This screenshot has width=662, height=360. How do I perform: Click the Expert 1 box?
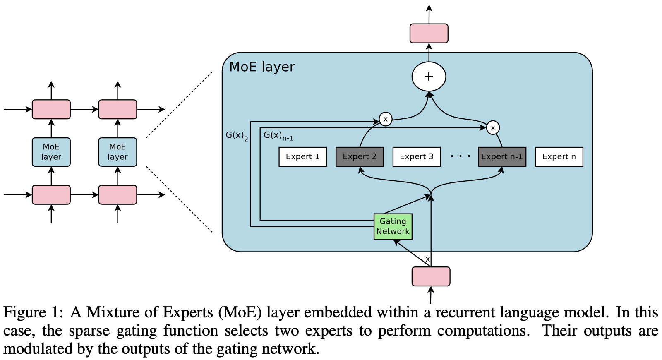coord(302,157)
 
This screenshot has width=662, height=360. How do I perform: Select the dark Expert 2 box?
coord(360,157)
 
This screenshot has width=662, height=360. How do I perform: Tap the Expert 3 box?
coord(416,157)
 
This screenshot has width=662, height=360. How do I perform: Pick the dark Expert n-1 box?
coord(502,157)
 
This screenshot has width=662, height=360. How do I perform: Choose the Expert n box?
coord(559,157)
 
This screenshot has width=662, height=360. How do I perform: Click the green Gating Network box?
coord(393,226)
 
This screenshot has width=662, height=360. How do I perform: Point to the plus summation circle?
coord(429,77)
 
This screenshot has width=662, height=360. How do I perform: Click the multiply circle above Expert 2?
coord(385,120)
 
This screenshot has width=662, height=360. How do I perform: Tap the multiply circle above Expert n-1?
coord(492,127)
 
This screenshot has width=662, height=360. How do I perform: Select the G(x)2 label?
coord(237,136)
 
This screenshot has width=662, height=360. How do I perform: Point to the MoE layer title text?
coord(261,67)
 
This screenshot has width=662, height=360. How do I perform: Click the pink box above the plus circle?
coord(429,34)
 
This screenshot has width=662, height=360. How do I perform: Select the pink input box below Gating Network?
coord(431,276)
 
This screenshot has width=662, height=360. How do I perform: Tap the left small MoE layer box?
coord(51,152)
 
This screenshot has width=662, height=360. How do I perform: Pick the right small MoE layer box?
coord(118,152)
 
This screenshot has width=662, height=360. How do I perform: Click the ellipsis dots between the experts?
coord(461,156)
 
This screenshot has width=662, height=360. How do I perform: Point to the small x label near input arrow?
coord(427,259)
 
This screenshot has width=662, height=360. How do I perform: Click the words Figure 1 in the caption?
coord(33,312)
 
